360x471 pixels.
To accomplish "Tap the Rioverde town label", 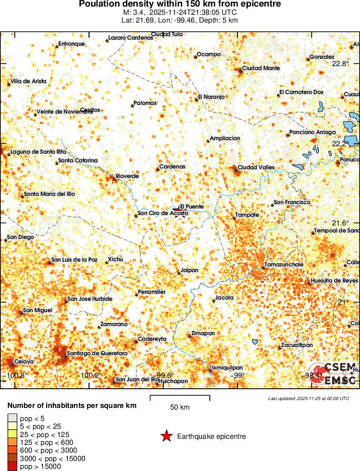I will pos(127,176).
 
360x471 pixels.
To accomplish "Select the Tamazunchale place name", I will pos(283,265).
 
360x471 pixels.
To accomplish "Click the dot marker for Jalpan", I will pos(178,273).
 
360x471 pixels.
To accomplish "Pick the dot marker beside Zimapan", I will pos(190,336).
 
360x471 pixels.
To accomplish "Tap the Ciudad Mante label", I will pos(261,68).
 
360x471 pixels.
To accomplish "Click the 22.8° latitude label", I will pos(340,64).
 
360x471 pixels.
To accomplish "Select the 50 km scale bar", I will pos(180,397).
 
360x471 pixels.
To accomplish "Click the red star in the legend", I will pos(166,436).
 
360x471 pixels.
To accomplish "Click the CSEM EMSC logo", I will pos(333,373).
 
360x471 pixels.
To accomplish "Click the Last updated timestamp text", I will pos(308,398).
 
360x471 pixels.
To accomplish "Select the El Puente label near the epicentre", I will pos(192,206).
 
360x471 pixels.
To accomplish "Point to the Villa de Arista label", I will pos(28,81).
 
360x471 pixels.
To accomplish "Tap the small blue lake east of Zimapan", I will pos(255,342).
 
